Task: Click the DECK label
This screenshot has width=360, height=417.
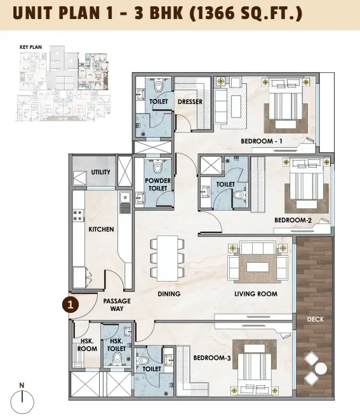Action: (x=316, y=319)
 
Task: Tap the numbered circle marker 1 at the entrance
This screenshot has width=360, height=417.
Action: (x=70, y=305)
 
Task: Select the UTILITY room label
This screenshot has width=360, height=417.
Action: (x=100, y=172)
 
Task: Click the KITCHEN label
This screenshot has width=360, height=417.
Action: (x=101, y=229)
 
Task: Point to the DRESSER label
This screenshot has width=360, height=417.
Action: (x=190, y=102)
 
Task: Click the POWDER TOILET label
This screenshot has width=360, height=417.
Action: (x=158, y=184)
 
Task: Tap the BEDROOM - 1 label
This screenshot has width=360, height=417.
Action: (x=262, y=141)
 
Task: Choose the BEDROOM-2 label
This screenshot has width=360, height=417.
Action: (x=293, y=220)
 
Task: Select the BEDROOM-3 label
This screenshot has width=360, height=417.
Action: (x=212, y=358)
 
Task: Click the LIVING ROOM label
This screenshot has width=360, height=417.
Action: (x=256, y=294)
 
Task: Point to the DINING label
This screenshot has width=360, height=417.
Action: (x=169, y=294)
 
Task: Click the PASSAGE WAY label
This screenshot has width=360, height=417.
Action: (x=117, y=305)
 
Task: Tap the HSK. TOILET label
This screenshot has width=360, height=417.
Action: (x=116, y=345)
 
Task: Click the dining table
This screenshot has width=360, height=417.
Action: (x=168, y=258)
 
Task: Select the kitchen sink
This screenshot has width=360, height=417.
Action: (x=125, y=197)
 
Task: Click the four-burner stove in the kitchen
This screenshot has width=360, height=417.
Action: (x=78, y=215)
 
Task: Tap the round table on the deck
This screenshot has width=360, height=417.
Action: (x=321, y=369)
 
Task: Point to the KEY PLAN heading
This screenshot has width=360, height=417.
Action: (x=30, y=47)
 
